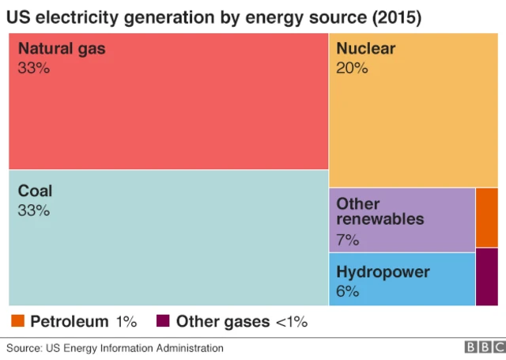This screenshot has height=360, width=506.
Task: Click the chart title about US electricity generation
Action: (214, 17)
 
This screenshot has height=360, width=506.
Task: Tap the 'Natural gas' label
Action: (61, 49)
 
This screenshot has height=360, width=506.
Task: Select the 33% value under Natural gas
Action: (33, 69)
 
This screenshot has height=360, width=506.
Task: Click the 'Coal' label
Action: (35, 191)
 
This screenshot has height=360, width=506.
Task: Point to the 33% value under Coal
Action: (33, 210)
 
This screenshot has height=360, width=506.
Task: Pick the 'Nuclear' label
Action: (365, 49)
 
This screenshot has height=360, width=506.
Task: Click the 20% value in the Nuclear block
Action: (352, 69)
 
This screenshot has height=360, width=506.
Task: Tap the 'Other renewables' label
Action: (380, 211)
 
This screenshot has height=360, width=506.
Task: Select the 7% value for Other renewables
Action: (348, 239)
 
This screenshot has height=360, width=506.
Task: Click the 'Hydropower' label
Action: (383, 272)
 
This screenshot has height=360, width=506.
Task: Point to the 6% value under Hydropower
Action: (348, 291)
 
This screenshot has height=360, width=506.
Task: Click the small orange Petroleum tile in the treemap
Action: (487, 218)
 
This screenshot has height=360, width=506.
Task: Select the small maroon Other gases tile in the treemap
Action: (487, 277)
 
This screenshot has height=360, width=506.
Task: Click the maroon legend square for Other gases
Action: (163, 320)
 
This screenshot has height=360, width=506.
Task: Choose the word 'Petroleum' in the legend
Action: (70, 321)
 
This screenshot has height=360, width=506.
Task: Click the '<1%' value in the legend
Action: (291, 321)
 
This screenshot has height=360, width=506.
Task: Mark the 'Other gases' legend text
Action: (222, 321)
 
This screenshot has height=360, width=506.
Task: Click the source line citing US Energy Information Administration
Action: (115, 348)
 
